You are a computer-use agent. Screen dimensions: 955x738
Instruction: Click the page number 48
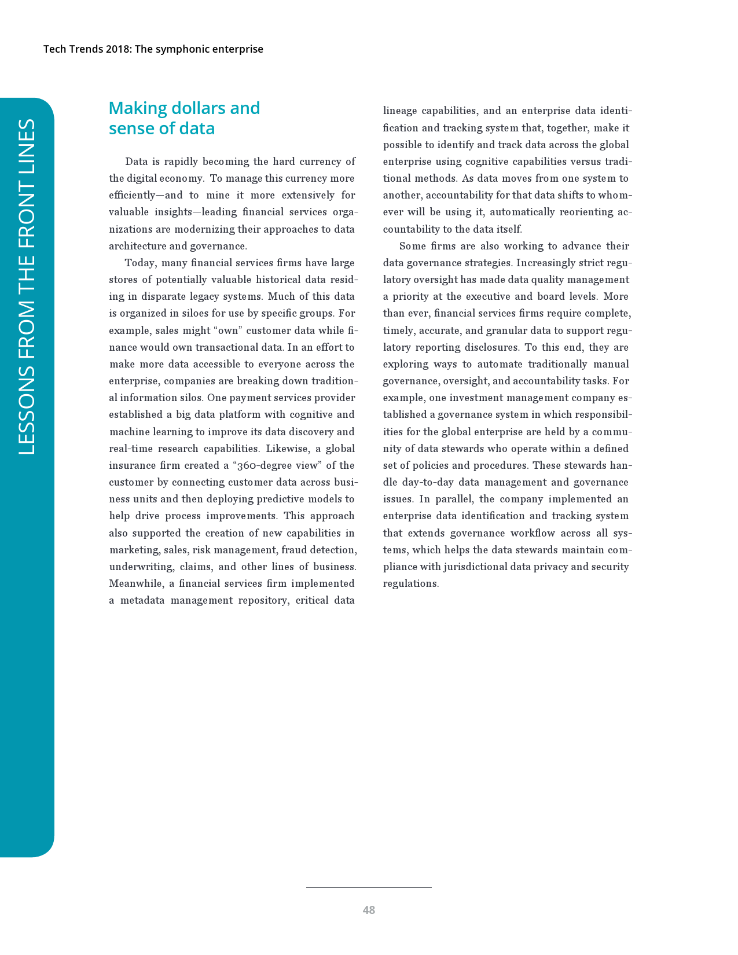(369, 910)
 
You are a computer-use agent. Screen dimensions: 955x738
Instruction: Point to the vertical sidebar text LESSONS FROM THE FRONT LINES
(27, 286)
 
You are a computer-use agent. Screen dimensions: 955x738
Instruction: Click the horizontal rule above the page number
(369, 887)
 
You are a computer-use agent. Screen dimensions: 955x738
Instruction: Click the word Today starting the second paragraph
(139, 263)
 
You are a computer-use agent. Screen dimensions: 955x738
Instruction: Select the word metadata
(142, 600)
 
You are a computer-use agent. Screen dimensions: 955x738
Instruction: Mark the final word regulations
(410, 583)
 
